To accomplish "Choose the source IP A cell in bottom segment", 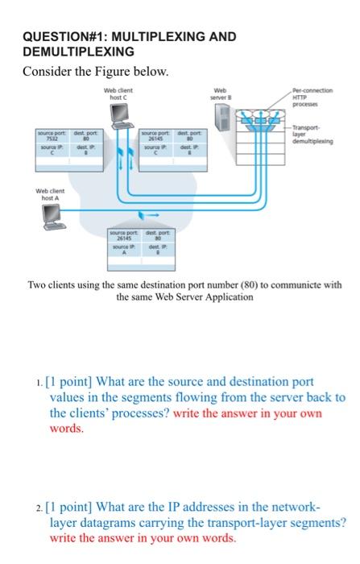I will tap(124, 251).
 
